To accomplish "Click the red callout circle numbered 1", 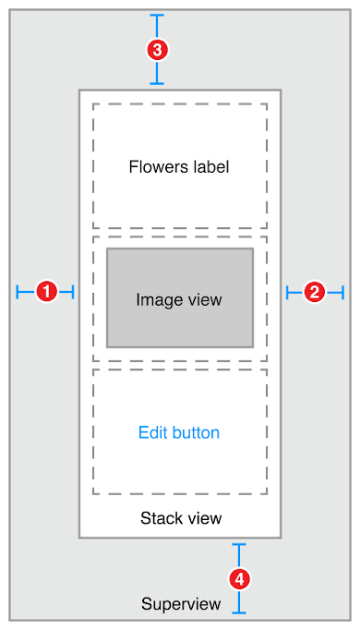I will tap(45, 292).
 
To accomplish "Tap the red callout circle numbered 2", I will tap(314, 292).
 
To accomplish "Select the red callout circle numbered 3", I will tap(157, 50).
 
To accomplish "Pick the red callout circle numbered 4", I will tap(239, 578).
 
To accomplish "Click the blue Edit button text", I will tap(179, 432).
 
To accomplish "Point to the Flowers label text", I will tap(179, 167).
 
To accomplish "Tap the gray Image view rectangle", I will tap(180, 297).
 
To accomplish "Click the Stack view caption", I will tap(181, 517).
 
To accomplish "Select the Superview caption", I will tap(181, 604).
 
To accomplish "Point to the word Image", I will tap(156, 300).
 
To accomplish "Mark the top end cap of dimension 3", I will tap(157, 16).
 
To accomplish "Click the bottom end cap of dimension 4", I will tap(239, 612).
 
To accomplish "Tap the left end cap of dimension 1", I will tap(18, 292).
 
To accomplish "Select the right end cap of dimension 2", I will tap(343, 292).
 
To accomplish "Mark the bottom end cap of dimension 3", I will tap(157, 84).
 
